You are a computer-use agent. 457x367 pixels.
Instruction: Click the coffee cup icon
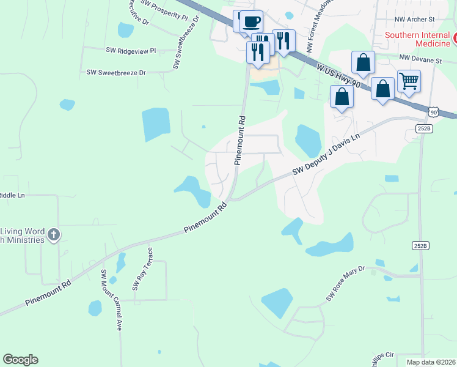[250, 21]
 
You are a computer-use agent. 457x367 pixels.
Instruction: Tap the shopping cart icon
[408, 80]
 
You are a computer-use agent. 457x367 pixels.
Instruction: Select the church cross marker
[54, 234]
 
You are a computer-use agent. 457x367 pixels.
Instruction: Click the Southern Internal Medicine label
[417, 40]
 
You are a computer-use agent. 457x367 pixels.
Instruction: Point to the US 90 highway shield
[433, 112]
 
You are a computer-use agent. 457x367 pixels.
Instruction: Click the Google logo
[20, 360]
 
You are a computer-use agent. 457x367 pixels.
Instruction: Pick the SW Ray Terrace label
[142, 269]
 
